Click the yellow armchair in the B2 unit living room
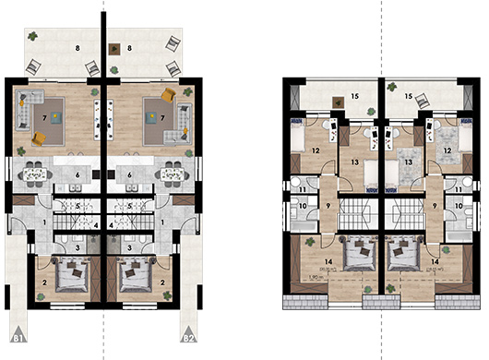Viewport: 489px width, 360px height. click(x=168, y=96)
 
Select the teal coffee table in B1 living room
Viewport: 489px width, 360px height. click(x=54, y=116)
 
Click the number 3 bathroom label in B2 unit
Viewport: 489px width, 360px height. click(x=129, y=247)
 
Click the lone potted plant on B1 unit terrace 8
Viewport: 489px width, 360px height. click(x=32, y=37)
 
